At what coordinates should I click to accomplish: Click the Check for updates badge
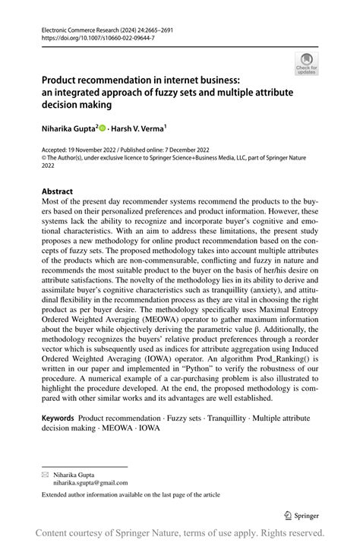[306, 63]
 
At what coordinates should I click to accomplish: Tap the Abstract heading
[58, 191]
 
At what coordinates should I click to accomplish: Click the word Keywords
[58, 418]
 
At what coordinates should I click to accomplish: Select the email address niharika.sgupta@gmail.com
[90, 481]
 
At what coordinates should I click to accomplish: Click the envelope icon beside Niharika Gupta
[45, 472]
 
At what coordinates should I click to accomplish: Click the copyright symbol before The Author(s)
[45, 158]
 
